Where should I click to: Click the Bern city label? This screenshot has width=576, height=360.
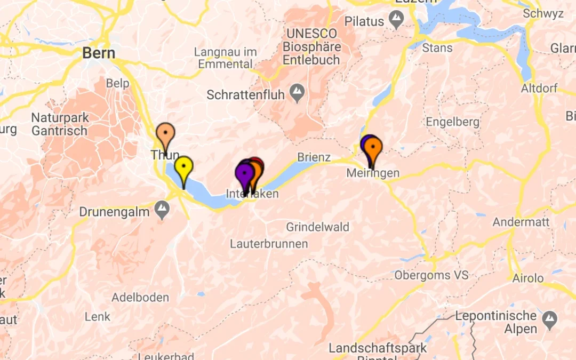tap(99, 53)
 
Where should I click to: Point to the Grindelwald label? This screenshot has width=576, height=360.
tap(317, 227)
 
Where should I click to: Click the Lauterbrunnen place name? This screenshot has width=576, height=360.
tap(269, 244)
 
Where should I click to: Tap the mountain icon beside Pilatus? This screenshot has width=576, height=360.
tap(396, 21)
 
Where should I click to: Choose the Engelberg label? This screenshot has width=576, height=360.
tap(452, 122)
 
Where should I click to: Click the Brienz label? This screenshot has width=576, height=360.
tap(314, 158)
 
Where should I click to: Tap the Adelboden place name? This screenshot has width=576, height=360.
tap(140, 298)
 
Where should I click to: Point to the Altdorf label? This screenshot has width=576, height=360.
tap(539, 87)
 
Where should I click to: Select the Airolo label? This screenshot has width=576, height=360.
tap(527, 278)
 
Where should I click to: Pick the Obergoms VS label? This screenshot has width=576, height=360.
tap(431, 276)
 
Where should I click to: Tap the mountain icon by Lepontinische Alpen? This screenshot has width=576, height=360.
tap(549, 319)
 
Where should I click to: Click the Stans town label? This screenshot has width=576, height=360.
tap(437, 48)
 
